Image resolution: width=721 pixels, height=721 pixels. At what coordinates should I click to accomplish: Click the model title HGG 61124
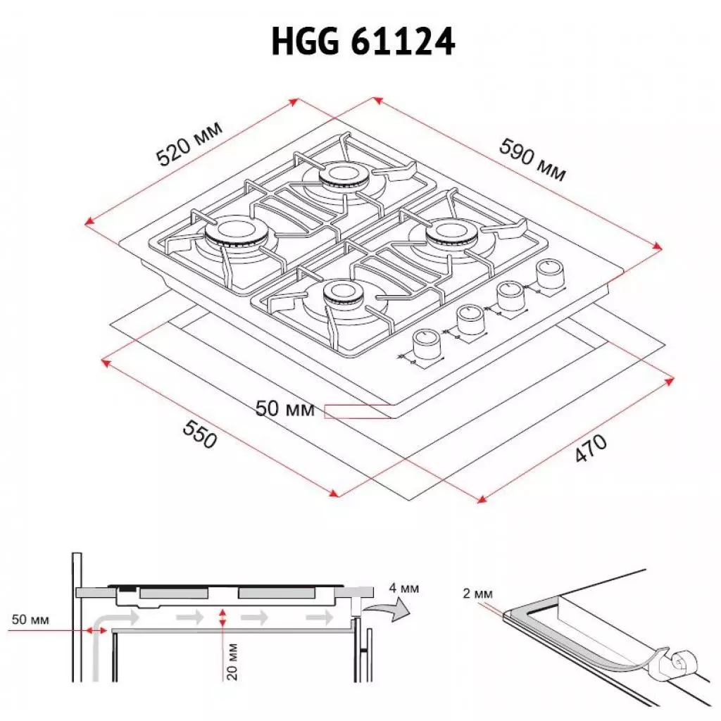coord(363,43)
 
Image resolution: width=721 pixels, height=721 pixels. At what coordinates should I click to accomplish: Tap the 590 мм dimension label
coord(532,159)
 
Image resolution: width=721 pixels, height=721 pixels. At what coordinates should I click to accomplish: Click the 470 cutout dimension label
coord(590,449)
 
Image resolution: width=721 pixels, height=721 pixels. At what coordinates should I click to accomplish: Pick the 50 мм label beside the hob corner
coord(284,408)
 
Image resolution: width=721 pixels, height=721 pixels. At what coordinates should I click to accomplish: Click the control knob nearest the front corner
coord(425,345)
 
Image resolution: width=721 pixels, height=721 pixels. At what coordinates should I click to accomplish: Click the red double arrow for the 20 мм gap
coord(223,619)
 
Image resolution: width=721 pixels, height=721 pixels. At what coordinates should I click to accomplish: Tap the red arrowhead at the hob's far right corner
coord(658,246)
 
